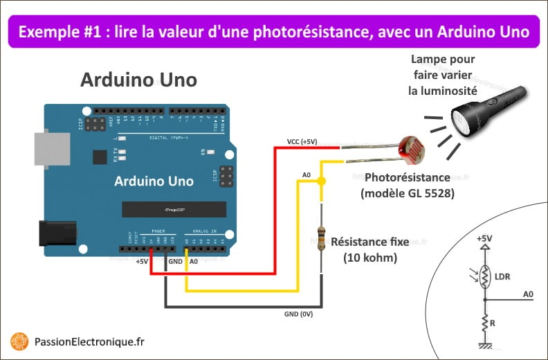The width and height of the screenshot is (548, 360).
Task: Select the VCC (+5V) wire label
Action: (302, 142)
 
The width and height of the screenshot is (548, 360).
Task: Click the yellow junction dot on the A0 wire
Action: (321, 181)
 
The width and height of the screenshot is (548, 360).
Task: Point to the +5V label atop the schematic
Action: (484, 239)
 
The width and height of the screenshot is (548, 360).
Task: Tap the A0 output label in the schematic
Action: (528, 294)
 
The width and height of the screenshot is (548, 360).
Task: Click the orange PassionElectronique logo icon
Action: (19, 341)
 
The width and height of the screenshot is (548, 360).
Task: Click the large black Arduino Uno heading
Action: (138, 80)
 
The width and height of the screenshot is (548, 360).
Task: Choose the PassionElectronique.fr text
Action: (89, 341)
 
